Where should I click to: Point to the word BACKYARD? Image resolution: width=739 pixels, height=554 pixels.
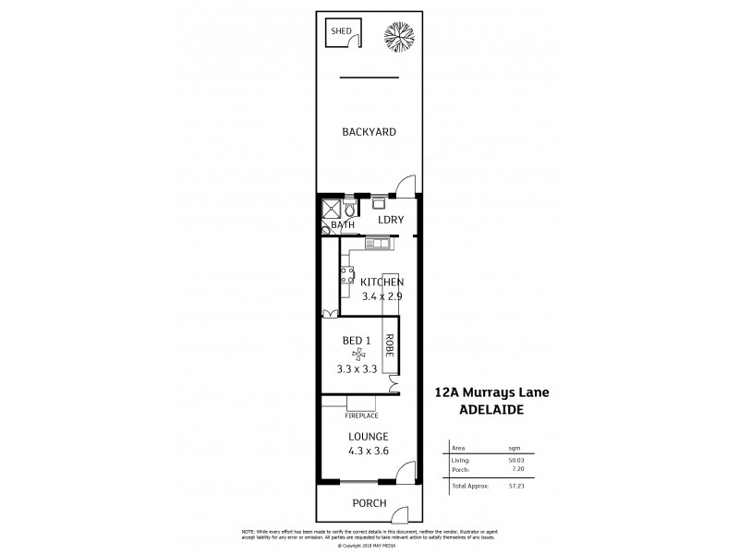point(369,132)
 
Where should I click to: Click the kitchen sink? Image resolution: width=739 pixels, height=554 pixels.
point(377,244)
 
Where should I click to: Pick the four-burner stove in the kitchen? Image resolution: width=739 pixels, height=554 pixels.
point(348,274)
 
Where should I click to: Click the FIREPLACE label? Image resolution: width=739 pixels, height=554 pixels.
point(363,415)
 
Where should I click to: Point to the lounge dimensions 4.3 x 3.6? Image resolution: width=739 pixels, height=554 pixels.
point(369,452)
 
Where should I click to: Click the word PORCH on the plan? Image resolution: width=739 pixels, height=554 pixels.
point(368,504)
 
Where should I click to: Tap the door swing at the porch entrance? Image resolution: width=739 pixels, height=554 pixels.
point(400,513)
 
